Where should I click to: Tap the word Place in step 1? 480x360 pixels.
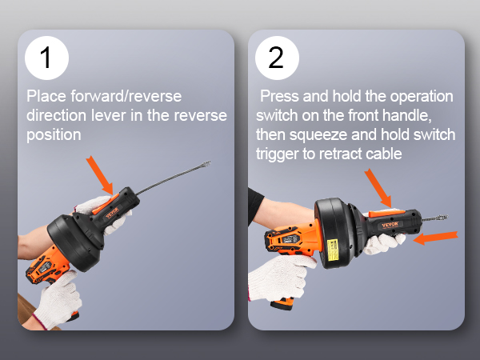[46, 97]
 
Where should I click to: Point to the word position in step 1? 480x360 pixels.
[54, 135]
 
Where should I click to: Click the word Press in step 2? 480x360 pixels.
[282, 97]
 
